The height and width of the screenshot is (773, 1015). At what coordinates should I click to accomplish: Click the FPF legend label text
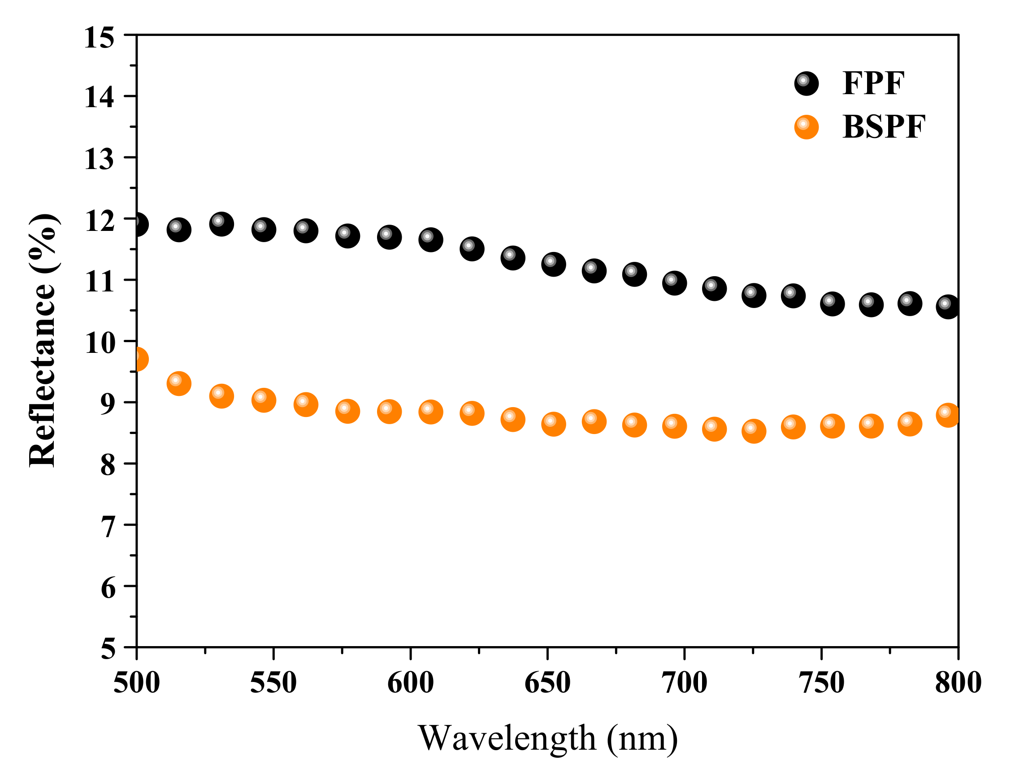tap(873, 83)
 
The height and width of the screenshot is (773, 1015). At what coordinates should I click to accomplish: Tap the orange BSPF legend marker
tap(806, 127)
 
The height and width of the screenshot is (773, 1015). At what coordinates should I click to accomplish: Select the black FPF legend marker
tap(806, 84)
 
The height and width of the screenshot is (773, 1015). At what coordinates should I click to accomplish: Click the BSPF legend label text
tap(883, 127)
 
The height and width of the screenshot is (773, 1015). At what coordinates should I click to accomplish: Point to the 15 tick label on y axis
tap(99, 38)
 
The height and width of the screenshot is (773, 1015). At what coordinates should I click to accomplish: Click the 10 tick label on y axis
tap(99, 343)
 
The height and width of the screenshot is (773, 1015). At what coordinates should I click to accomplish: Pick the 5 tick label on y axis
tap(108, 650)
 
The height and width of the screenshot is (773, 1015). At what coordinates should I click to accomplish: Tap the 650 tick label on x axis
tap(547, 683)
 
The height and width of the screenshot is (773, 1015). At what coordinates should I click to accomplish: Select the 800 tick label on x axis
tap(958, 683)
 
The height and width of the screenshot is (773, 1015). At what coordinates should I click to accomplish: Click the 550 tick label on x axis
tap(273, 683)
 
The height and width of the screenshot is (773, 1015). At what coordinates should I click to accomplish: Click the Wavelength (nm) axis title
tap(548, 738)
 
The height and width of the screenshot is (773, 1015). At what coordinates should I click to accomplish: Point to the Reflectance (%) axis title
tap(42, 340)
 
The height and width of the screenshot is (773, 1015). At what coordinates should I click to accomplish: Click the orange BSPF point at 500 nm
tap(137, 359)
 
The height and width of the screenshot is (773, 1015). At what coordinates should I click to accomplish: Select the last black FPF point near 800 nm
tap(948, 306)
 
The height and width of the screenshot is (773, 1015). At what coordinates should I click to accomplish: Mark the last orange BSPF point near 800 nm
tap(948, 415)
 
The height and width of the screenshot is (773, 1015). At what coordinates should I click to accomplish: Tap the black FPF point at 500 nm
tap(137, 225)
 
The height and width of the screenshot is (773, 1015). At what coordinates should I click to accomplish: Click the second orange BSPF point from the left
tap(178, 383)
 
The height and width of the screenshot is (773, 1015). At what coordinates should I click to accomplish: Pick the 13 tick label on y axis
tap(99, 160)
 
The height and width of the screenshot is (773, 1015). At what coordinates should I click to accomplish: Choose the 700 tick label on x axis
tap(685, 683)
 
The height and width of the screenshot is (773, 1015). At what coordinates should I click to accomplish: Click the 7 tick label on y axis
tap(108, 527)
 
